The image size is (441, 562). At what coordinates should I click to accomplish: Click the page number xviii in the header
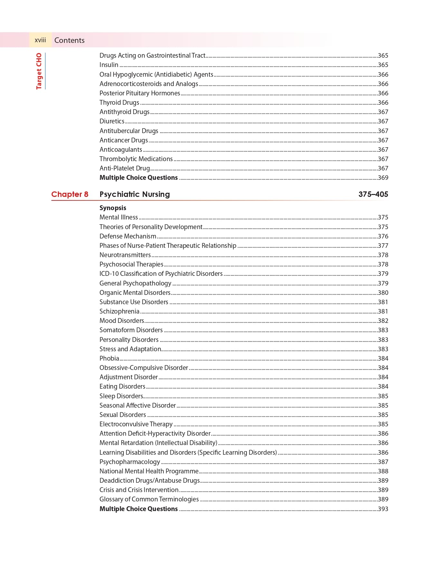[x=40, y=40]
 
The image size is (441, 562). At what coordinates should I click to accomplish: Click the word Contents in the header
[x=69, y=40]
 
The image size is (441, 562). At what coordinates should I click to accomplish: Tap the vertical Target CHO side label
[x=39, y=71]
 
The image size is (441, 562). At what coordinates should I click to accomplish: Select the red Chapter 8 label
[x=70, y=194]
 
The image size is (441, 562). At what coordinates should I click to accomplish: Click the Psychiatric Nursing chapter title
[x=134, y=194]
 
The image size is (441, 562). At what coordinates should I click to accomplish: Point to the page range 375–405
[x=373, y=194]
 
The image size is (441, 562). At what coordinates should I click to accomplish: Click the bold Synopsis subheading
[x=113, y=208]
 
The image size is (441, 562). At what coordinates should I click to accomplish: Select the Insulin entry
[x=109, y=65]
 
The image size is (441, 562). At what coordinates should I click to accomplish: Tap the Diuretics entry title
[x=112, y=121]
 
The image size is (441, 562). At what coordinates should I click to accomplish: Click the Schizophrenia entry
[x=119, y=312]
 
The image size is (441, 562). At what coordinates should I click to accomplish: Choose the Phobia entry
[x=109, y=359]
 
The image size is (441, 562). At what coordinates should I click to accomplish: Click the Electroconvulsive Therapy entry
[x=136, y=424]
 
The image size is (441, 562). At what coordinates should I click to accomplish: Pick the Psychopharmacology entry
[x=129, y=462]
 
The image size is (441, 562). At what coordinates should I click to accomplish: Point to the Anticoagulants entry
[x=120, y=150]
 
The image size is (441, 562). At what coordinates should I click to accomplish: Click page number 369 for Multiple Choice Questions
[x=383, y=178]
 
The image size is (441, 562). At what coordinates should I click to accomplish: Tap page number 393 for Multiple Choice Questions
[x=383, y=509]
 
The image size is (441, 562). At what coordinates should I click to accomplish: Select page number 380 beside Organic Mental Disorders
[x=383, y=293]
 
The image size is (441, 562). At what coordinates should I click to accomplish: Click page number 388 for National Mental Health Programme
[x=383, y=471]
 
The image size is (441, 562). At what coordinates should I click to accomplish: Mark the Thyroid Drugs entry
[x=119, y=103]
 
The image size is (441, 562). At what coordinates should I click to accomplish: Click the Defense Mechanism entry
[x=128, y=237]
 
